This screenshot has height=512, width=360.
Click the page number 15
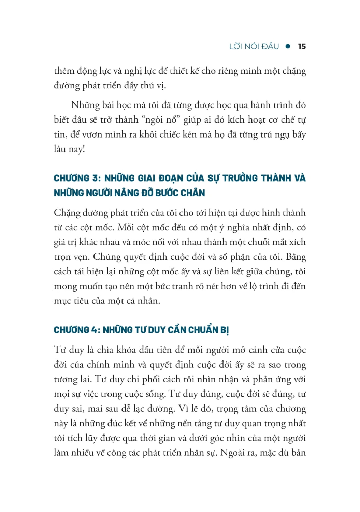point(302,46)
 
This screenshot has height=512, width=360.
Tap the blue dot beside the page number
point(288,46)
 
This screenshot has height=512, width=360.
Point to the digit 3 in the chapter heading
point(95,178)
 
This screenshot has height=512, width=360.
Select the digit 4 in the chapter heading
point(95,330)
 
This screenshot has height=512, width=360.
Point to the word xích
point(297,242)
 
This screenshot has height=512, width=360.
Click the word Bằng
point(296,257)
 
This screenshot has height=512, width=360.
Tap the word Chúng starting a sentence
point(106,257)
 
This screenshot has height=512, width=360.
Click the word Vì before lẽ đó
point(184,409)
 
